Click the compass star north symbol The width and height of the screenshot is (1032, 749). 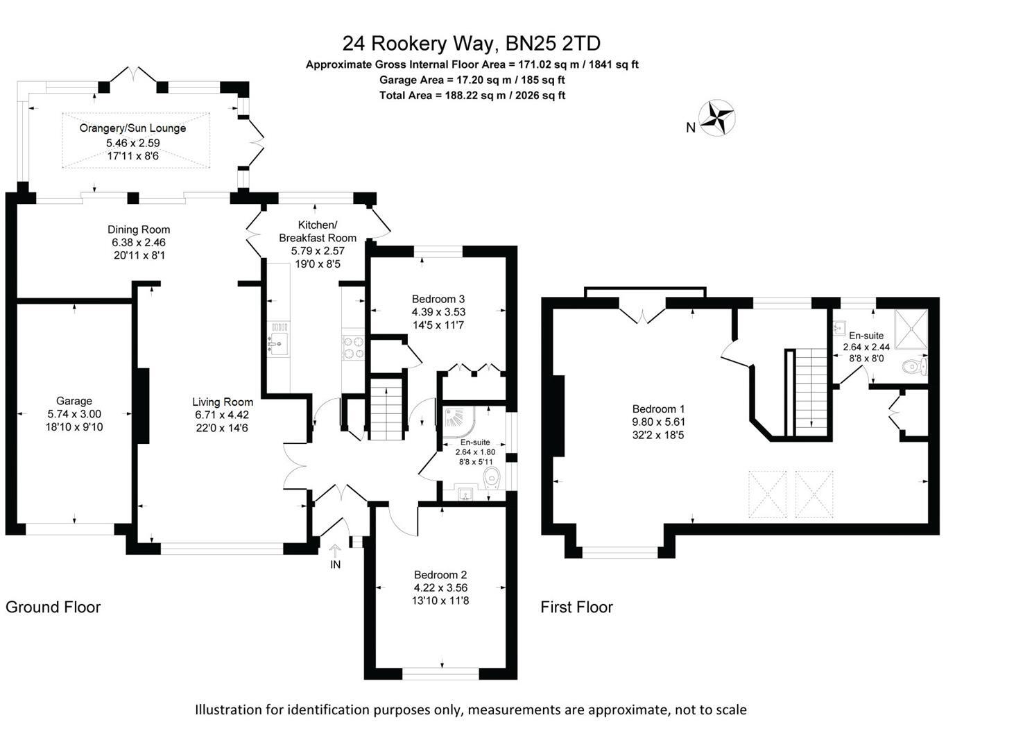(716, 118)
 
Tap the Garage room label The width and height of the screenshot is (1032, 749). (74, 401)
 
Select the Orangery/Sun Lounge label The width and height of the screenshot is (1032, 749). (132, 128)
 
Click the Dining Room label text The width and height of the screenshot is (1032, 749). (139, 230)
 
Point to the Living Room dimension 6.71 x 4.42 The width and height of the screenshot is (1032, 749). (222, 415)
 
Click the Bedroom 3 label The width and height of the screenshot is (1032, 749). (438, 300)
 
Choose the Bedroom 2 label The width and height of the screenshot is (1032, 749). (440, 574)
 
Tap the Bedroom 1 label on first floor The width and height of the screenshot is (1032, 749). (658, 409)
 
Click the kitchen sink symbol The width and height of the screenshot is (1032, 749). (279, 341)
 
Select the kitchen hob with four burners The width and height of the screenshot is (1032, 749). (354, 347)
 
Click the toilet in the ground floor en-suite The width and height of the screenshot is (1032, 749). (492, 476)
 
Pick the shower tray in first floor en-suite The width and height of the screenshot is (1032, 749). (911, 329)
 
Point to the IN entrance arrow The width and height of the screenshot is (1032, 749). (335, 552)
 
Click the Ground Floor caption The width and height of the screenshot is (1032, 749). (53, 608)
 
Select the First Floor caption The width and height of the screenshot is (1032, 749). (576, 608)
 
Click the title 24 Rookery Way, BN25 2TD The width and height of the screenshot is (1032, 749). (472, 44)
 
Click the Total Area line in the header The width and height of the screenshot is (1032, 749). (472, 95)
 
